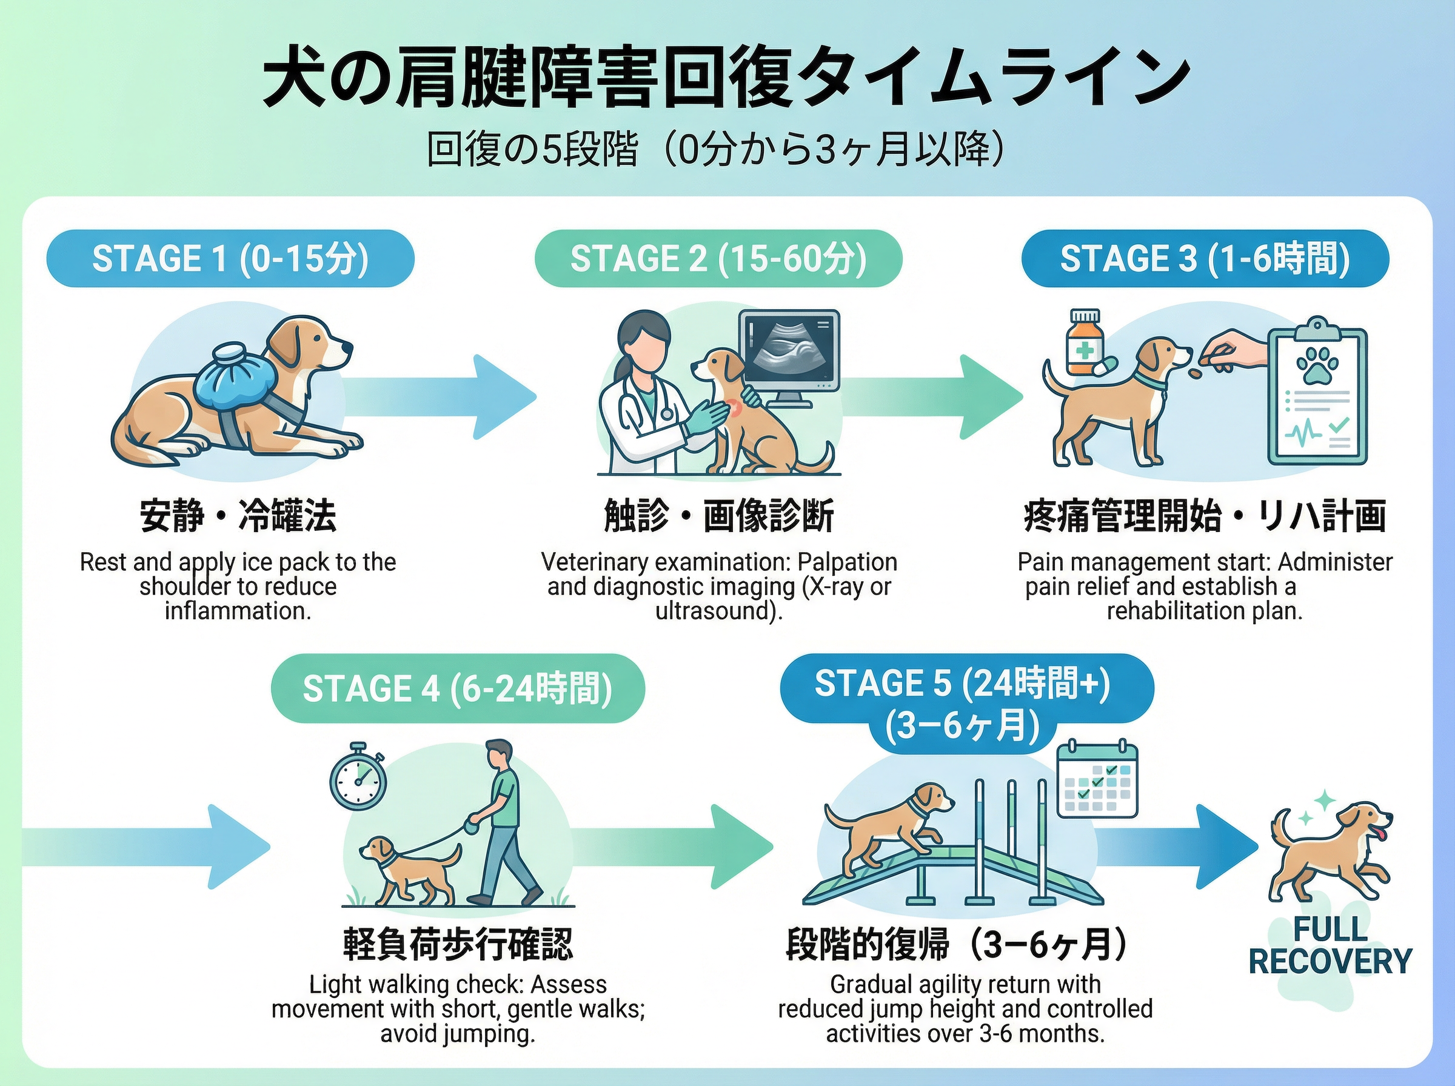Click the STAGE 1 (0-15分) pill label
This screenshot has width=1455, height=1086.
[230, 258]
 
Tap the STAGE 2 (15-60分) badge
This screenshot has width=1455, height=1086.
[718, 258]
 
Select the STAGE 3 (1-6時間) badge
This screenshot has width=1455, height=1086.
[1205, 258]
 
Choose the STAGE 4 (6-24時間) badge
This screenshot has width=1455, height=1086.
[458, 688]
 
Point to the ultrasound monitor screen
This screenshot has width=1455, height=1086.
[789, 348]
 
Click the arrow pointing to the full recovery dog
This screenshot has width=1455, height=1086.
[1177, 847]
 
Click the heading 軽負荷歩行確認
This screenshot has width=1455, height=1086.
[458, 945]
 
